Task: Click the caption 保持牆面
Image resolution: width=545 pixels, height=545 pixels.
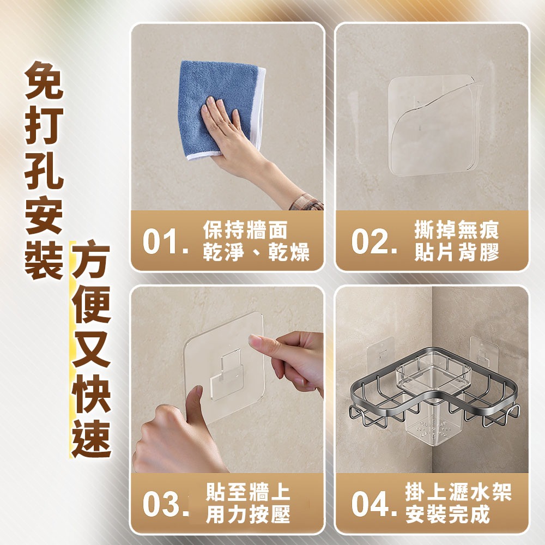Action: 245,231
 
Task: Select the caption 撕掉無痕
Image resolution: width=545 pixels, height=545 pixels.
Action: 456,231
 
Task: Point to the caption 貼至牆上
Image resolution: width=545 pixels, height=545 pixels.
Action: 248,493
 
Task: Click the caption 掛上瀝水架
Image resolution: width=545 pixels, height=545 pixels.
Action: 458,493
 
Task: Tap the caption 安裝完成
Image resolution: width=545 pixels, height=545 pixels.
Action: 447,514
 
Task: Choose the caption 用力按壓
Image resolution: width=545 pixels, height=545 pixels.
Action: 248,514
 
